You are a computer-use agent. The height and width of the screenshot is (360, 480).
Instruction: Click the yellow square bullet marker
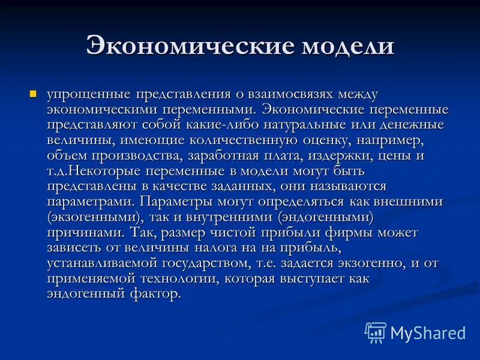point(34,94)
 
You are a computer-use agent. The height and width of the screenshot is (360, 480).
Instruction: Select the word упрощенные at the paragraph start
point(89,95)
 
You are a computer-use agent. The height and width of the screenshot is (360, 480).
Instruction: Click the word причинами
point(79,232)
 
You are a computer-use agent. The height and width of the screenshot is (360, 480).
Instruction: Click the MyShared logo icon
point(376,332)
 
